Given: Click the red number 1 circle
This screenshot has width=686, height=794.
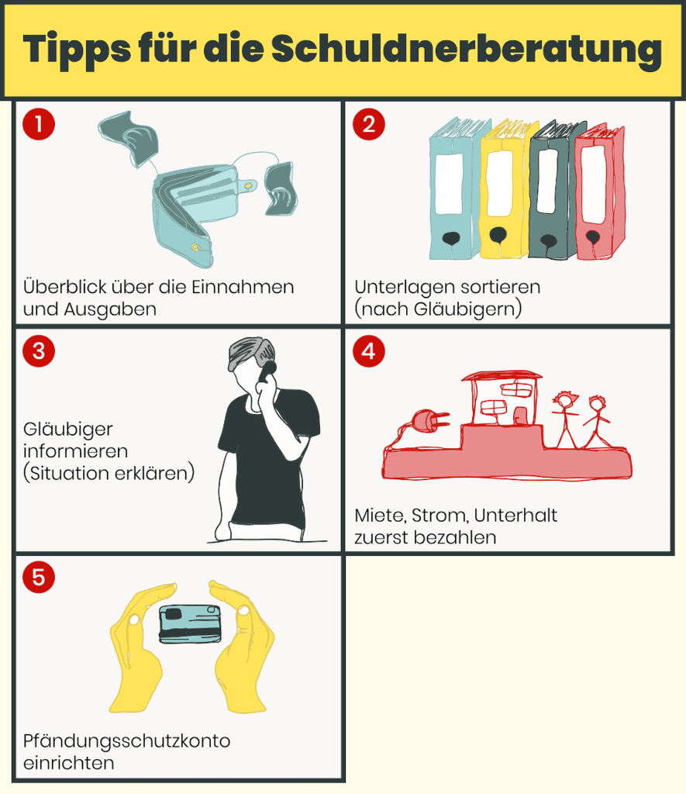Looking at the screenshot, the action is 39,124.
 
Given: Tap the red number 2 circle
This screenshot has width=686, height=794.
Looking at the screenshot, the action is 368,124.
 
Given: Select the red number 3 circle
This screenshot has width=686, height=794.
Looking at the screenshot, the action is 39,351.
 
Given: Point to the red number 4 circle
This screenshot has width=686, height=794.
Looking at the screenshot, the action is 368,351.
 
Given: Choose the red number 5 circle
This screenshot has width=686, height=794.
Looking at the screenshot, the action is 39,577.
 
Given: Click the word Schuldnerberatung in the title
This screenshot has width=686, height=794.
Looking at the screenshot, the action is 467,49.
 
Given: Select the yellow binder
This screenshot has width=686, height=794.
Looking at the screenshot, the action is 504,189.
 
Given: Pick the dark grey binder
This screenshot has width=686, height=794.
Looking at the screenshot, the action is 553,190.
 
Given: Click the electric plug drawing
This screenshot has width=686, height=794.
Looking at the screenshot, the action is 430,420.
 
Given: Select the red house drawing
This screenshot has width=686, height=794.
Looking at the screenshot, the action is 502,400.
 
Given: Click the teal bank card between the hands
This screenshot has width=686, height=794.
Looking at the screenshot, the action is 191,623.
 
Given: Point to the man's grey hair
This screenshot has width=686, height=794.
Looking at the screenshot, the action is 250,353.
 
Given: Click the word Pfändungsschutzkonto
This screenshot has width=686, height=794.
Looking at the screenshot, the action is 126,741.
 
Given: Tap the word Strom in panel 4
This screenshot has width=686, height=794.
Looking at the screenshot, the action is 440,516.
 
